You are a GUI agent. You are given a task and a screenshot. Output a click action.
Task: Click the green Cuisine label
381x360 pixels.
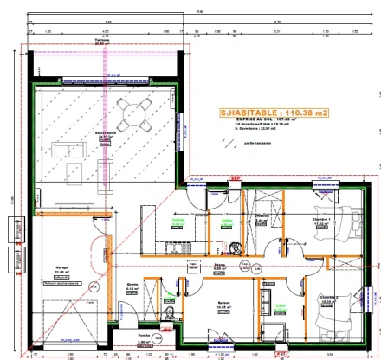[x=179, y=221]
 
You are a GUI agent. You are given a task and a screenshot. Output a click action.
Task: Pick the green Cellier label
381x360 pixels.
[x=227, y=221]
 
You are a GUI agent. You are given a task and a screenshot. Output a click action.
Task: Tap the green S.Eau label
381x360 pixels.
[x=280, y=305]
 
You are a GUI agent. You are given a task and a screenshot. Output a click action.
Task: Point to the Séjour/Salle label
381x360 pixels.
[x=107, y=136]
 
